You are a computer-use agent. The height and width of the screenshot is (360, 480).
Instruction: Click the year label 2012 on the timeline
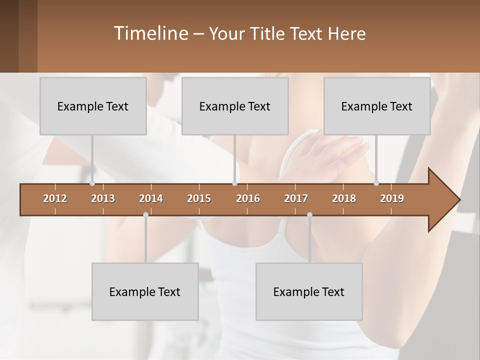[55, 198]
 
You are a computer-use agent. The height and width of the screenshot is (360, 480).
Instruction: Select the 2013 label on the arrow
[103, 198]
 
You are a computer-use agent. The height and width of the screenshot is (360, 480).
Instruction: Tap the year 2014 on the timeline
[151, 198]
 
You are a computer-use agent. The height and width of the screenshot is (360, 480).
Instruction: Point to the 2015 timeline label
[199, 198]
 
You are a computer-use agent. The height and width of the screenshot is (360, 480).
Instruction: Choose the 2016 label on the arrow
[248, 198]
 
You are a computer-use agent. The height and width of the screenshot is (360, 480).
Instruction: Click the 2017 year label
[296, 198]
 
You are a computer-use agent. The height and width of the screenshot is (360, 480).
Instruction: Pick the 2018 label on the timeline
[344, 198]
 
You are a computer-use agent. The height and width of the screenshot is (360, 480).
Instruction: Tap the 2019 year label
[392, 198]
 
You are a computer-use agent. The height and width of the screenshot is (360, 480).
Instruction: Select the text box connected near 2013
[93, 106]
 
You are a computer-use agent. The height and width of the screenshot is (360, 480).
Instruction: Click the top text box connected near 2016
[235, 106]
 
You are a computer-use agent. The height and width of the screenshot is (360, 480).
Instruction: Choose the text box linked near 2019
[377, 106]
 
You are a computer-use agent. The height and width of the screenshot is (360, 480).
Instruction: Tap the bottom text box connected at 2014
[145, 292]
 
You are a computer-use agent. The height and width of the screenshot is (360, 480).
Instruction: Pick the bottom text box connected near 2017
[309, 292]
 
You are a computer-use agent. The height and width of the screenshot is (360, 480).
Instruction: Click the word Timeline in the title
[151, 33]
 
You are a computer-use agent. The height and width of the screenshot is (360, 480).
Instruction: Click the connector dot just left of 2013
[92, 183]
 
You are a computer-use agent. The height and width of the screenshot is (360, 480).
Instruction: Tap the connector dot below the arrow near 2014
[145, 215]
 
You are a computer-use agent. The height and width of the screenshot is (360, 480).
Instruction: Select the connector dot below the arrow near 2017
[309, 215]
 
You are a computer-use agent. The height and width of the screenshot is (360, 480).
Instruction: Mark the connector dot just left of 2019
[376, 183]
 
